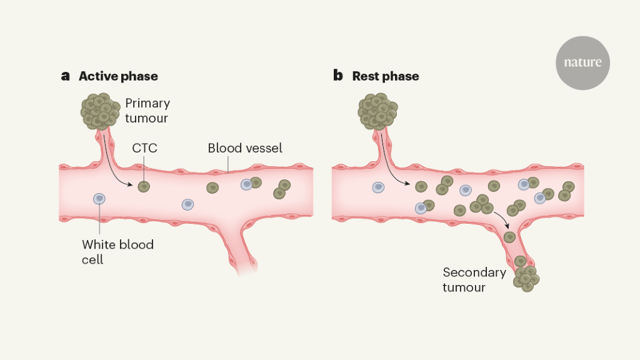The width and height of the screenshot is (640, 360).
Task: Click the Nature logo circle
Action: tap(582, 62)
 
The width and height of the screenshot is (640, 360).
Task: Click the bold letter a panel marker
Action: tap(65, 76)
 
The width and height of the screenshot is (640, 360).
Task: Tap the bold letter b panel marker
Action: tap(338, 76)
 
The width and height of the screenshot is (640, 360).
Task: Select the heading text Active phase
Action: tap(118, 77)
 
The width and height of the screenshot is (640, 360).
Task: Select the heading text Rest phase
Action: tap(386, 77)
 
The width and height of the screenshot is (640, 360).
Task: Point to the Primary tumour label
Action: tap(147, 110)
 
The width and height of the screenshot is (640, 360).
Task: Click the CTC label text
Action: tap(144, 148)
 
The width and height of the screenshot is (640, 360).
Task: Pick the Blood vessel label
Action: tap(245, 148)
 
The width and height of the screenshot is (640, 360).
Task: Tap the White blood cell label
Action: tap(117, 251)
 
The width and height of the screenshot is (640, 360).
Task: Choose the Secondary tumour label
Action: tap(474, 279)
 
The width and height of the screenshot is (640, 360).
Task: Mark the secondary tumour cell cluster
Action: tap(526, 277)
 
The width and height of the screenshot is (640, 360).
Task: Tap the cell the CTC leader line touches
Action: tap(144, 186)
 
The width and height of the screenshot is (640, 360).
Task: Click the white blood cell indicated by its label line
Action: tap(99, 199)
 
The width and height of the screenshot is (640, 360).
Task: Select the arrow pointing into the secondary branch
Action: tap(504, 219)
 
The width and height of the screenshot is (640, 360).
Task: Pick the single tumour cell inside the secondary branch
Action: tap(509, 237)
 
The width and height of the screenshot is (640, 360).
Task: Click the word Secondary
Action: tap(474, 272)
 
